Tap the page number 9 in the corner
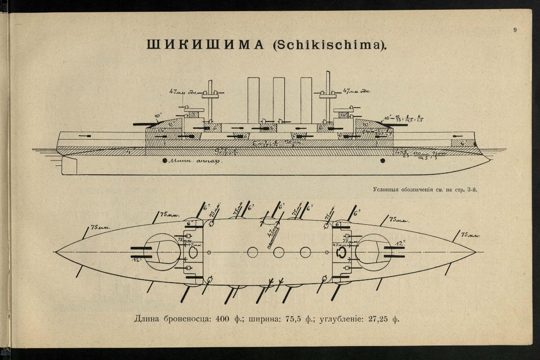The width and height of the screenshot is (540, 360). [x=515, y=30]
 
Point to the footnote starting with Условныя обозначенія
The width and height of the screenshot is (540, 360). [x=426, y=189]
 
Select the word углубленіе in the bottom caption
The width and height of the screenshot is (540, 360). [x=341, y=319]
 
